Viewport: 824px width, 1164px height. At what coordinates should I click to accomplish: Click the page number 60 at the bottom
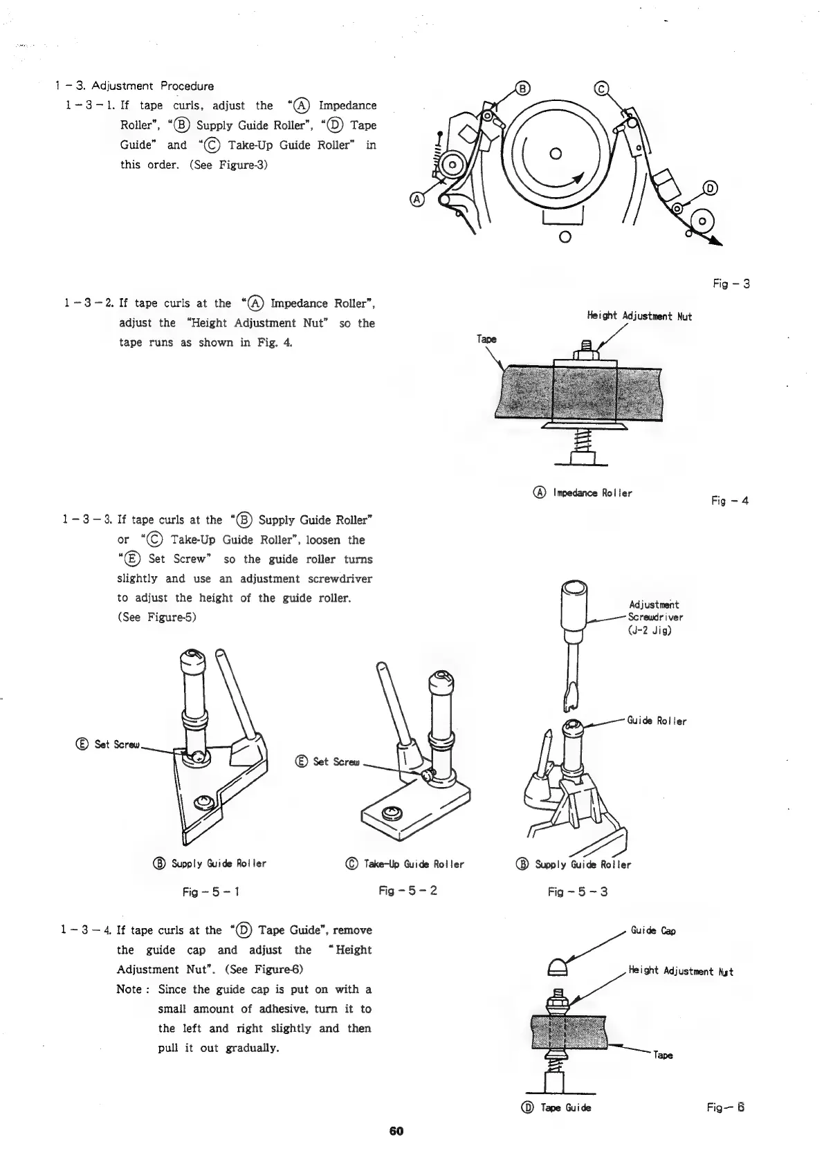click(x=396, y=1132)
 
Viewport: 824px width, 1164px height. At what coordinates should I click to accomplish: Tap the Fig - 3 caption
click(x=731, y=284)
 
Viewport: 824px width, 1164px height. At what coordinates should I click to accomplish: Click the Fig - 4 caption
click(x=729, y=501)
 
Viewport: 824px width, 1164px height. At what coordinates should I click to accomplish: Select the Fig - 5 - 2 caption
click(x=408, y=891)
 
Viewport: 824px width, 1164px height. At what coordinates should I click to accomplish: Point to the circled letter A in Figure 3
click(x=417, y=199)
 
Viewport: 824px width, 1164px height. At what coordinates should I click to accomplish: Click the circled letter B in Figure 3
click(x=523, y=88)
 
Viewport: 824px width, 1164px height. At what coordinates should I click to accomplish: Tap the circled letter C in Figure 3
click(x=601, y=89)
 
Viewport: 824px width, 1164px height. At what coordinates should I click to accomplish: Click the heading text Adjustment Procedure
click(x=153, y=86)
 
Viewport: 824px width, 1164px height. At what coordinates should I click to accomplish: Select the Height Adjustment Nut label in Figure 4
click(x=639, y=317)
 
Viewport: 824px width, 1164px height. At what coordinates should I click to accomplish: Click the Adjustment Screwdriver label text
click(x=654, y=617)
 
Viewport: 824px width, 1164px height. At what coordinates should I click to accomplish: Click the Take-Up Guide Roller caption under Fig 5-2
click(x=404, y=865)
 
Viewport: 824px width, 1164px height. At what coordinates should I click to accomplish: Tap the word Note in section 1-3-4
click(x=129, y=990)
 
